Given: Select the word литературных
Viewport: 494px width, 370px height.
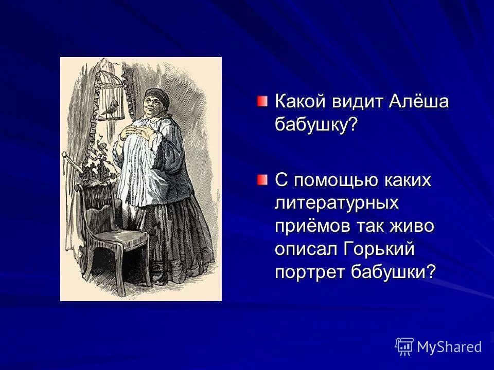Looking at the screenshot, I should [x=337, y=203].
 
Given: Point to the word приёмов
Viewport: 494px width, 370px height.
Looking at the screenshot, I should [x=313, y=226].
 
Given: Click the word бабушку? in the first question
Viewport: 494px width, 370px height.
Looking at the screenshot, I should [x=316, y=124].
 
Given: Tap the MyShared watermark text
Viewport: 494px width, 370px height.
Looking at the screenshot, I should [x=449, y=347].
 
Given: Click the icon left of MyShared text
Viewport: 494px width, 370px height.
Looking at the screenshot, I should [x=404, y=347].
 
